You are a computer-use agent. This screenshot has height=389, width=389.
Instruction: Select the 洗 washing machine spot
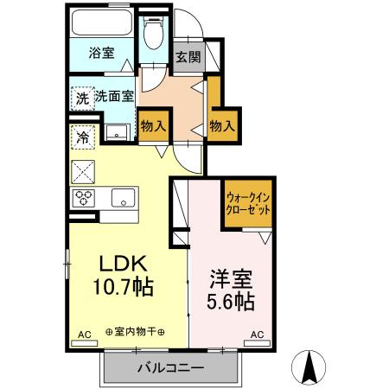coord(81,98)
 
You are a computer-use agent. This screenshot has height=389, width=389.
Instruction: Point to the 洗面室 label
coord(114,98)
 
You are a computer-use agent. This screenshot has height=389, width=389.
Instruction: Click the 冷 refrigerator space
coord(83,136)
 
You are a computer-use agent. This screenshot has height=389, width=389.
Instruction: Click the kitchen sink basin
coord(123,197)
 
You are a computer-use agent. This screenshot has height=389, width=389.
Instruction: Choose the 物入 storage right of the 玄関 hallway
coord(222,126)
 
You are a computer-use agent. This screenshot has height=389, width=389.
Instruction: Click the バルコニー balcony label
coord(170,368)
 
